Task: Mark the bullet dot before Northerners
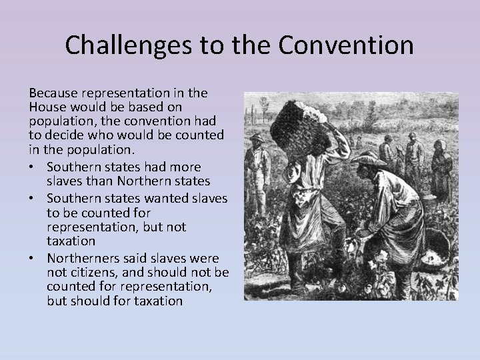coord(33,258)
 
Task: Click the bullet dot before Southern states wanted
coord(33,199)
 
